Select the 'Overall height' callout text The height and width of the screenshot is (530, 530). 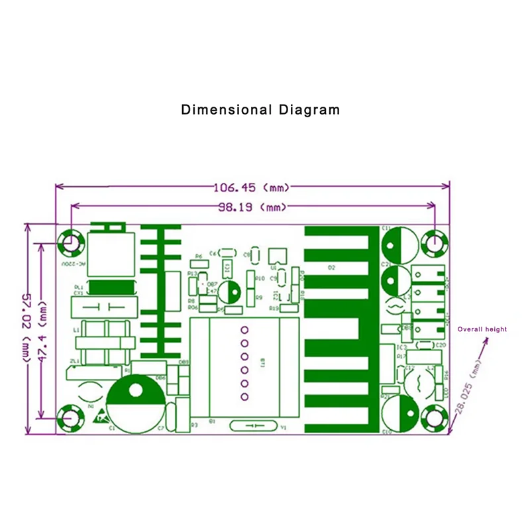pos(482,329)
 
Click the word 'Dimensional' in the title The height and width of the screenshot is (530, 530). pos(226,109)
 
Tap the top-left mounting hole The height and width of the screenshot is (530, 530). pos(70,242)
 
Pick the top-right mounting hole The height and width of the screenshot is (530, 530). pos(435,242)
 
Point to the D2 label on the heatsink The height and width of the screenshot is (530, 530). pos(331,268)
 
